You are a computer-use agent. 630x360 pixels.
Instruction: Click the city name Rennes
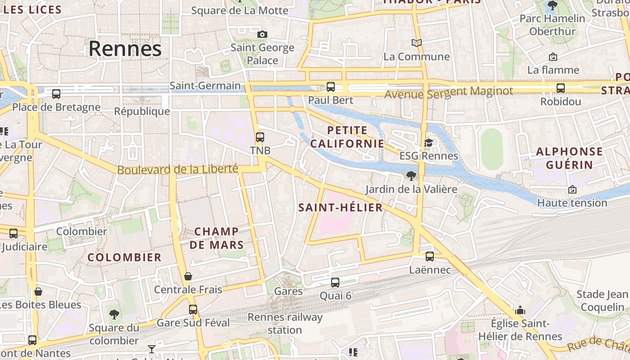click(125, 49)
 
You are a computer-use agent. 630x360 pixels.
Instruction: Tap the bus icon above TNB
click(260, 137)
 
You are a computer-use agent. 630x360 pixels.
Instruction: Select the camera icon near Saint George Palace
click(262, 34)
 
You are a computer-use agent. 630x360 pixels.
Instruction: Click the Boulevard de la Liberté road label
click(177, 169)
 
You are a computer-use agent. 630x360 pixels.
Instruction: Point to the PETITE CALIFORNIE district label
click(347, 137)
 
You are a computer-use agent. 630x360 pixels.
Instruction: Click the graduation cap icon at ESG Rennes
click(428, 143)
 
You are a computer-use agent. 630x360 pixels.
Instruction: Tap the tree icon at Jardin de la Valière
click(410, 175)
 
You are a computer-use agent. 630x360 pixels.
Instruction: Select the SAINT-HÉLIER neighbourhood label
click(341, 207)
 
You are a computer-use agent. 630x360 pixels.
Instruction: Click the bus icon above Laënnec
click(430, 256)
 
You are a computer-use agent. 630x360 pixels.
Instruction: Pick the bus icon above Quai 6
click(335, 283)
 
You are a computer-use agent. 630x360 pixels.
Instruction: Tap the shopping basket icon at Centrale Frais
click(188, 276)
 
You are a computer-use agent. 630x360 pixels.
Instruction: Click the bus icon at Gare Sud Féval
click(193, 309)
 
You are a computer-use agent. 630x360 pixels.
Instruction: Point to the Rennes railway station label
click(285, 323)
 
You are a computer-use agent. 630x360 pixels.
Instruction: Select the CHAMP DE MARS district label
click(216, 238)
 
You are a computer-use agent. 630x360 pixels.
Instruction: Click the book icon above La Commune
click(417, 43)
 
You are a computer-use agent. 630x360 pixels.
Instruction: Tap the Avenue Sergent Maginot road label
click(448, 92)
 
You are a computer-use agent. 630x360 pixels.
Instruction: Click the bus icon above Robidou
click(560, 88)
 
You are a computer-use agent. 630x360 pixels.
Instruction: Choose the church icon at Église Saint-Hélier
click(520, 310)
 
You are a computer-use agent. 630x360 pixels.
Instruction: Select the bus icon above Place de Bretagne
click(56, 94)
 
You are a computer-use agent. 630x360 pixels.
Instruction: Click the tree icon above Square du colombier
click(114, 314)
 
